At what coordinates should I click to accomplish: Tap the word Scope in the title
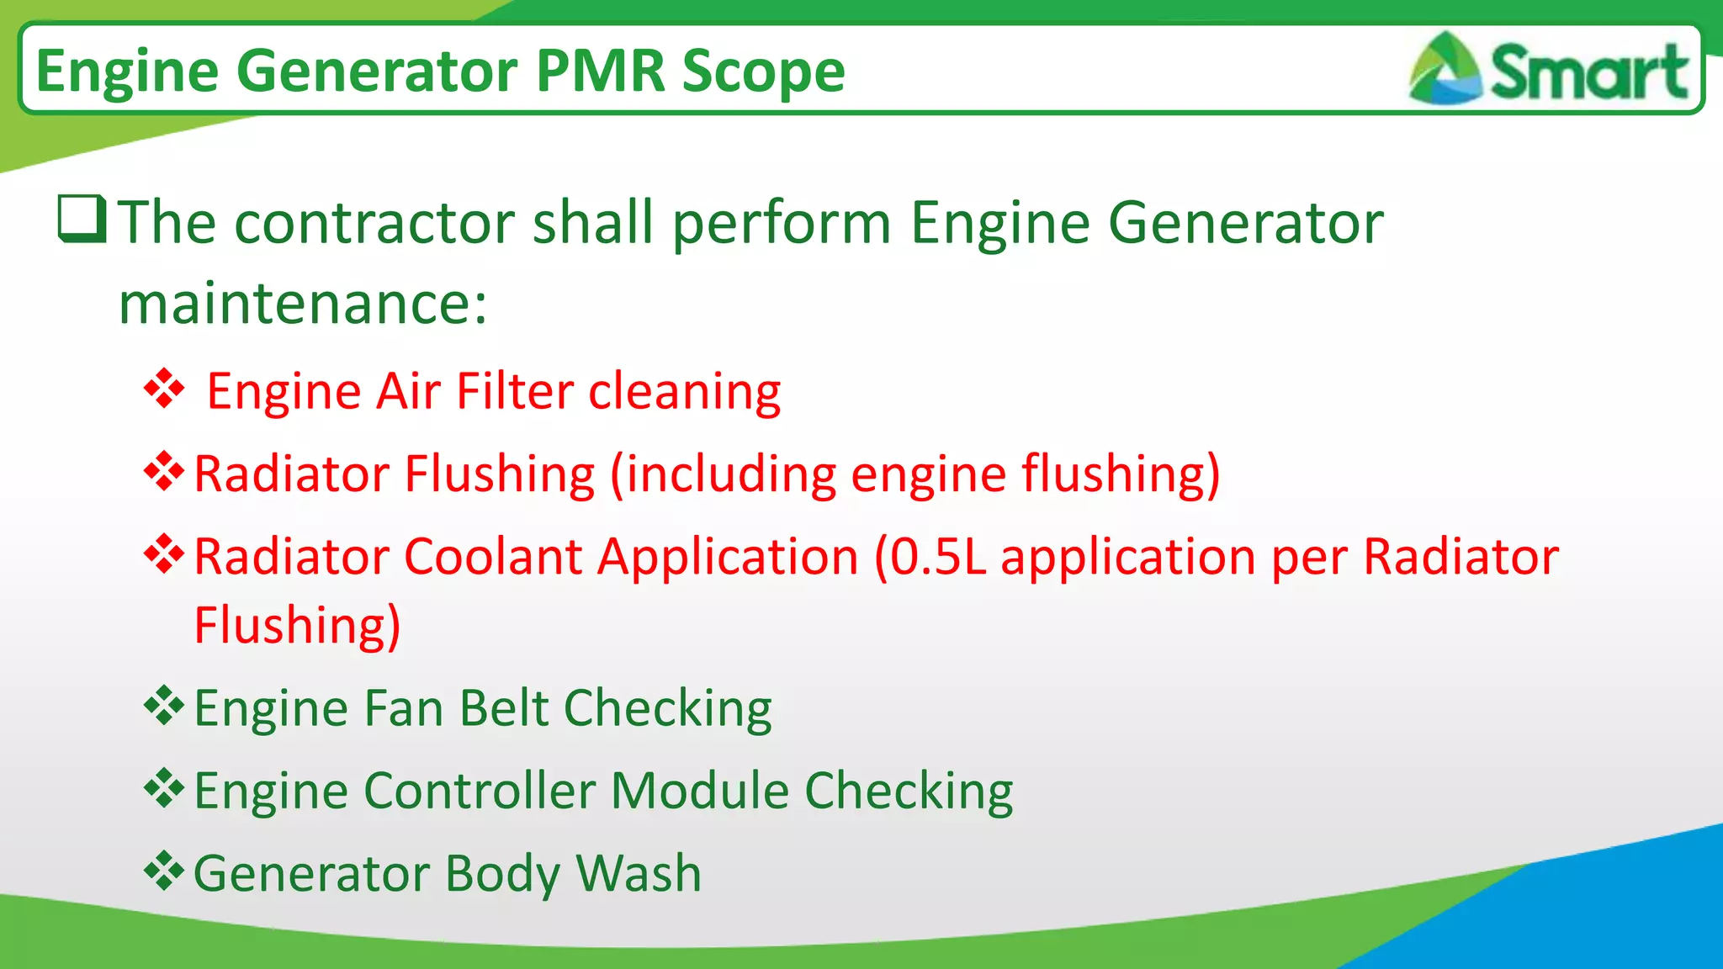coord(763,71)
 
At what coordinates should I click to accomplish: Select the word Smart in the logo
coord(1588,72)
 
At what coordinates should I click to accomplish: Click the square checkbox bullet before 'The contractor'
coord(82,218)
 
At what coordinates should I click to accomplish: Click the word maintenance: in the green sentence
coord(303,304)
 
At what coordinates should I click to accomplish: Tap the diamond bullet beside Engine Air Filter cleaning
coord(164,389)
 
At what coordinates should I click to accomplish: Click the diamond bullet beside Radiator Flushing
coord(164,471)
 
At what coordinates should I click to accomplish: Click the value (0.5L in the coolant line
coord(930,557)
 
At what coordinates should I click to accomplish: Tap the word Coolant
coord(493,557)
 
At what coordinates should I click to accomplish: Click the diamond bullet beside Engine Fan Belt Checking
coord(164,706)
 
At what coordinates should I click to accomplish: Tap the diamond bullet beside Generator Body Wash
coord(164,871)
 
